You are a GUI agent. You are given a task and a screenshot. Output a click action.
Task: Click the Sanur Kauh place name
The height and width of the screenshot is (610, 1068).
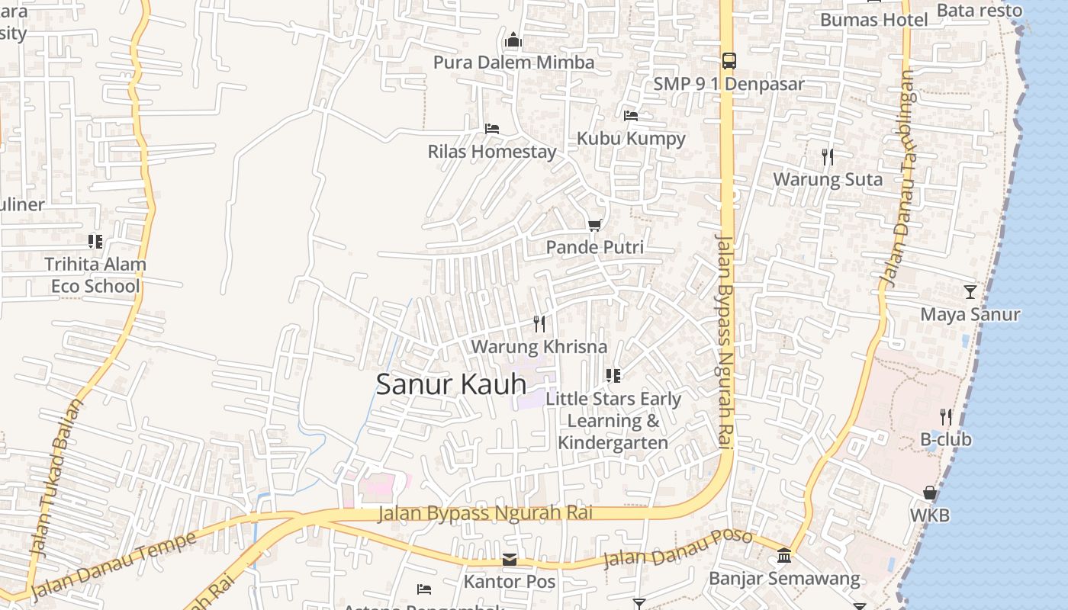(451, 384)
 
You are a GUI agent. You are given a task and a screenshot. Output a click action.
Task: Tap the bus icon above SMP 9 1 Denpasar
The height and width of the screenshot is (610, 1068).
(729, 60)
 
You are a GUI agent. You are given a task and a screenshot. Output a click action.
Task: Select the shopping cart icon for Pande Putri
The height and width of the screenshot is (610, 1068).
(594, 225)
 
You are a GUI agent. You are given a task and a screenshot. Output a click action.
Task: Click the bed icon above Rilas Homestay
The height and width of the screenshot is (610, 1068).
(492, 128)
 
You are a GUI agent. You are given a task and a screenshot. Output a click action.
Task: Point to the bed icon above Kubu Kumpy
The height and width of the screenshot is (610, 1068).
(631, 116)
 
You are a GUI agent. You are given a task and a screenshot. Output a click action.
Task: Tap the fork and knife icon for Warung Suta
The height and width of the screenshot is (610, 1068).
(828, 157)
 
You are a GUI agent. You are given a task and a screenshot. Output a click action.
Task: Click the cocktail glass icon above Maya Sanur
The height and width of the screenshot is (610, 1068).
(970, 291)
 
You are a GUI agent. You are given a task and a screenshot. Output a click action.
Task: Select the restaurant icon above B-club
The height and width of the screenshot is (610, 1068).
(946, 417)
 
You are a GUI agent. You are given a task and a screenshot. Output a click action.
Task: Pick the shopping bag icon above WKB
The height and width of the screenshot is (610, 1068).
(929, 493)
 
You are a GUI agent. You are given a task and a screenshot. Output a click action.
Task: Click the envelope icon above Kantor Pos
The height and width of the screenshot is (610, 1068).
(510, 560)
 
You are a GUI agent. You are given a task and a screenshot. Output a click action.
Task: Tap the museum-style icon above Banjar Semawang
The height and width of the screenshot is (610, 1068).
(784, 556)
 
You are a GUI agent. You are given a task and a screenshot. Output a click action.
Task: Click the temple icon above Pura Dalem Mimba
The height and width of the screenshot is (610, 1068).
(513, 39)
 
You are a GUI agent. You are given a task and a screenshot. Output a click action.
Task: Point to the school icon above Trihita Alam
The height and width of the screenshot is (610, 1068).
(95, 242)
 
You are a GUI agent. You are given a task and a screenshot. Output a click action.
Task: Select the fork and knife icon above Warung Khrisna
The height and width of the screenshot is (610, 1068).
(539, 324)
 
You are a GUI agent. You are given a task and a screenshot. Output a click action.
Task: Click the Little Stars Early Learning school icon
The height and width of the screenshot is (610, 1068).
(613, 375)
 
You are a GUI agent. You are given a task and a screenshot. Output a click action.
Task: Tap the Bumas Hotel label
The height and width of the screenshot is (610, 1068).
(873, 20)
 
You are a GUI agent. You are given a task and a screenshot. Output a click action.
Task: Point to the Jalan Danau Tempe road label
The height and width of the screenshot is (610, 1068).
(114, 564)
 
